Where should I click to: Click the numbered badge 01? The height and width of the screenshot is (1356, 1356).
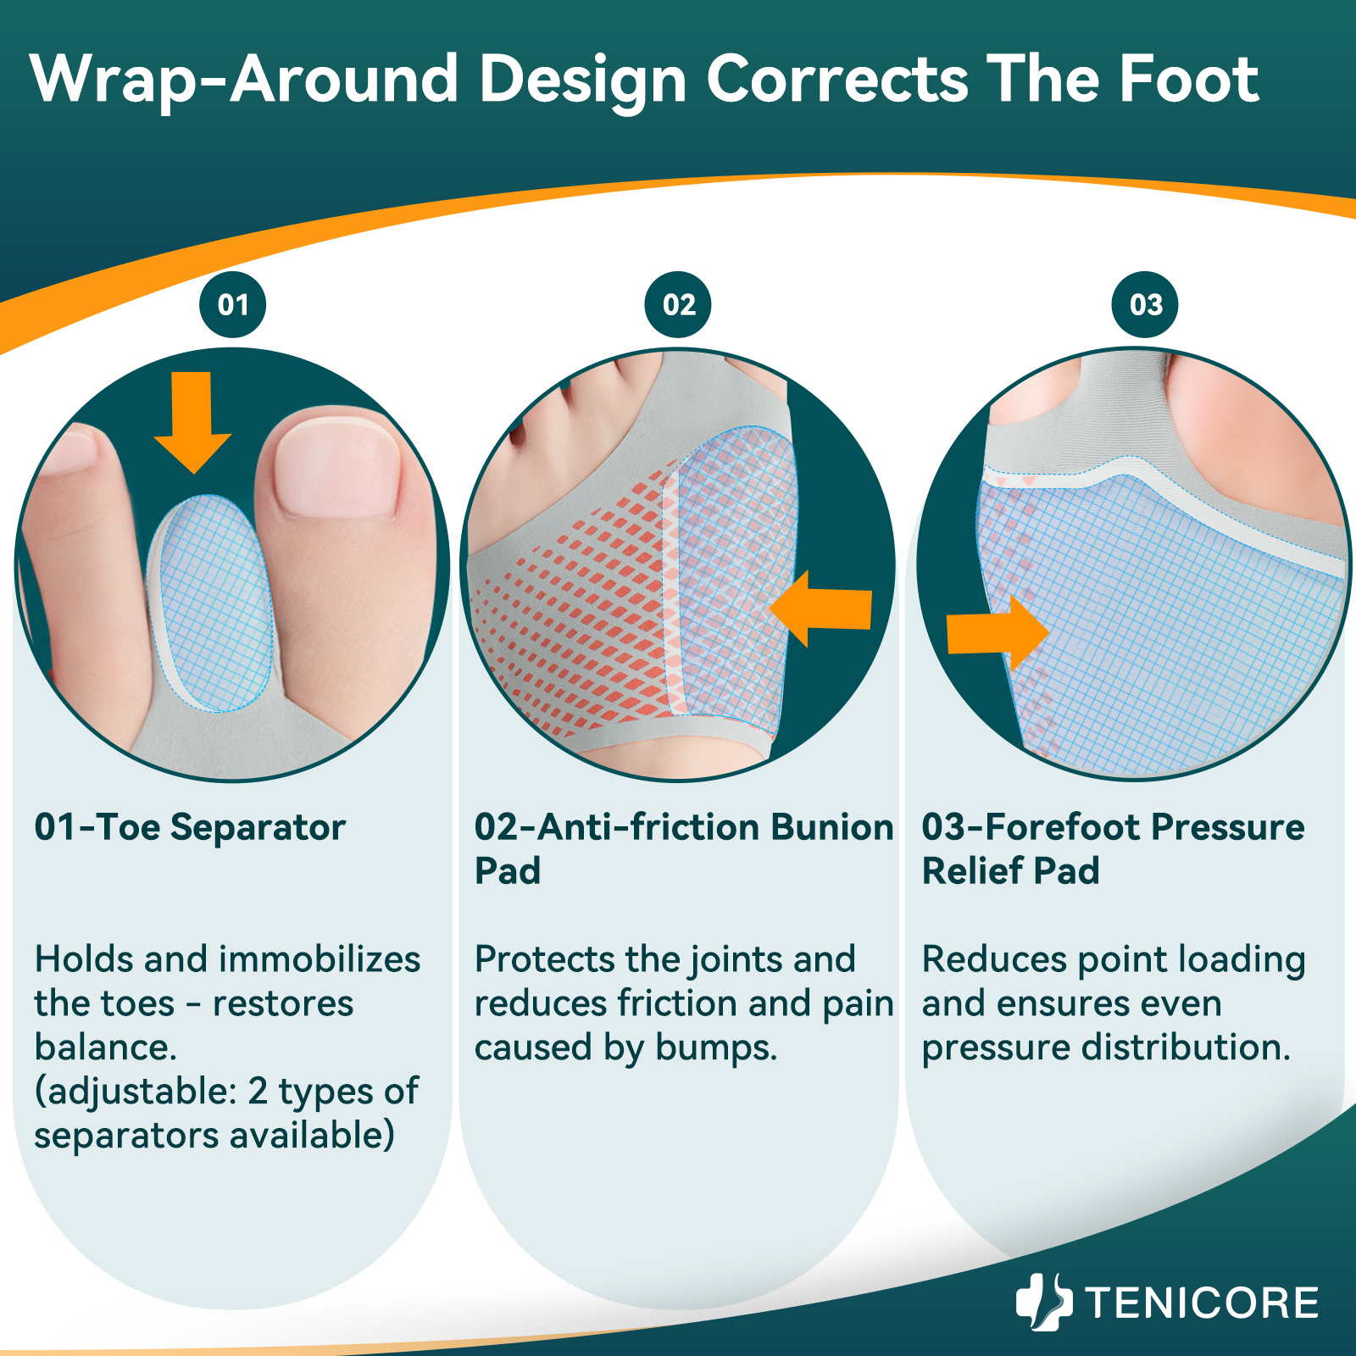[x=233, y=305]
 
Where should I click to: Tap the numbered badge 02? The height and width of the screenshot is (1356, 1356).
[x=678, y=305]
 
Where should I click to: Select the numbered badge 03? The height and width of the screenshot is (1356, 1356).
[x=1146, y=305]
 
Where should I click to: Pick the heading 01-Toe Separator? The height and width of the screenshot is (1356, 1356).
[x=190, y=827]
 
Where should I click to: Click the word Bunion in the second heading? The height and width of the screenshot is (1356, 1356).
[x=832, y=827]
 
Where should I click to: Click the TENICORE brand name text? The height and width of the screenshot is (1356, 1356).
[x=1202, y=1303]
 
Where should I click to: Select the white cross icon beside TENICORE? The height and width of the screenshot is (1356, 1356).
[x=1043, y=1302]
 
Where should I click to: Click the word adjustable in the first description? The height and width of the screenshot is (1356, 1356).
[x=136, y=1092]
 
